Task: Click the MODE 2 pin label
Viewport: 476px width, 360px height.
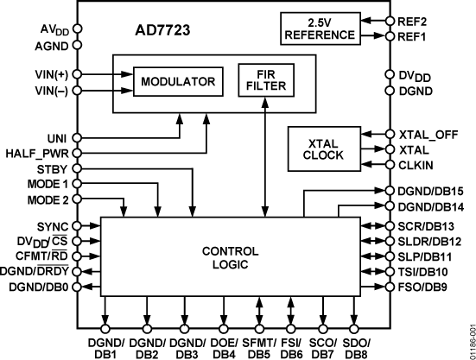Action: coord(47,199)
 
